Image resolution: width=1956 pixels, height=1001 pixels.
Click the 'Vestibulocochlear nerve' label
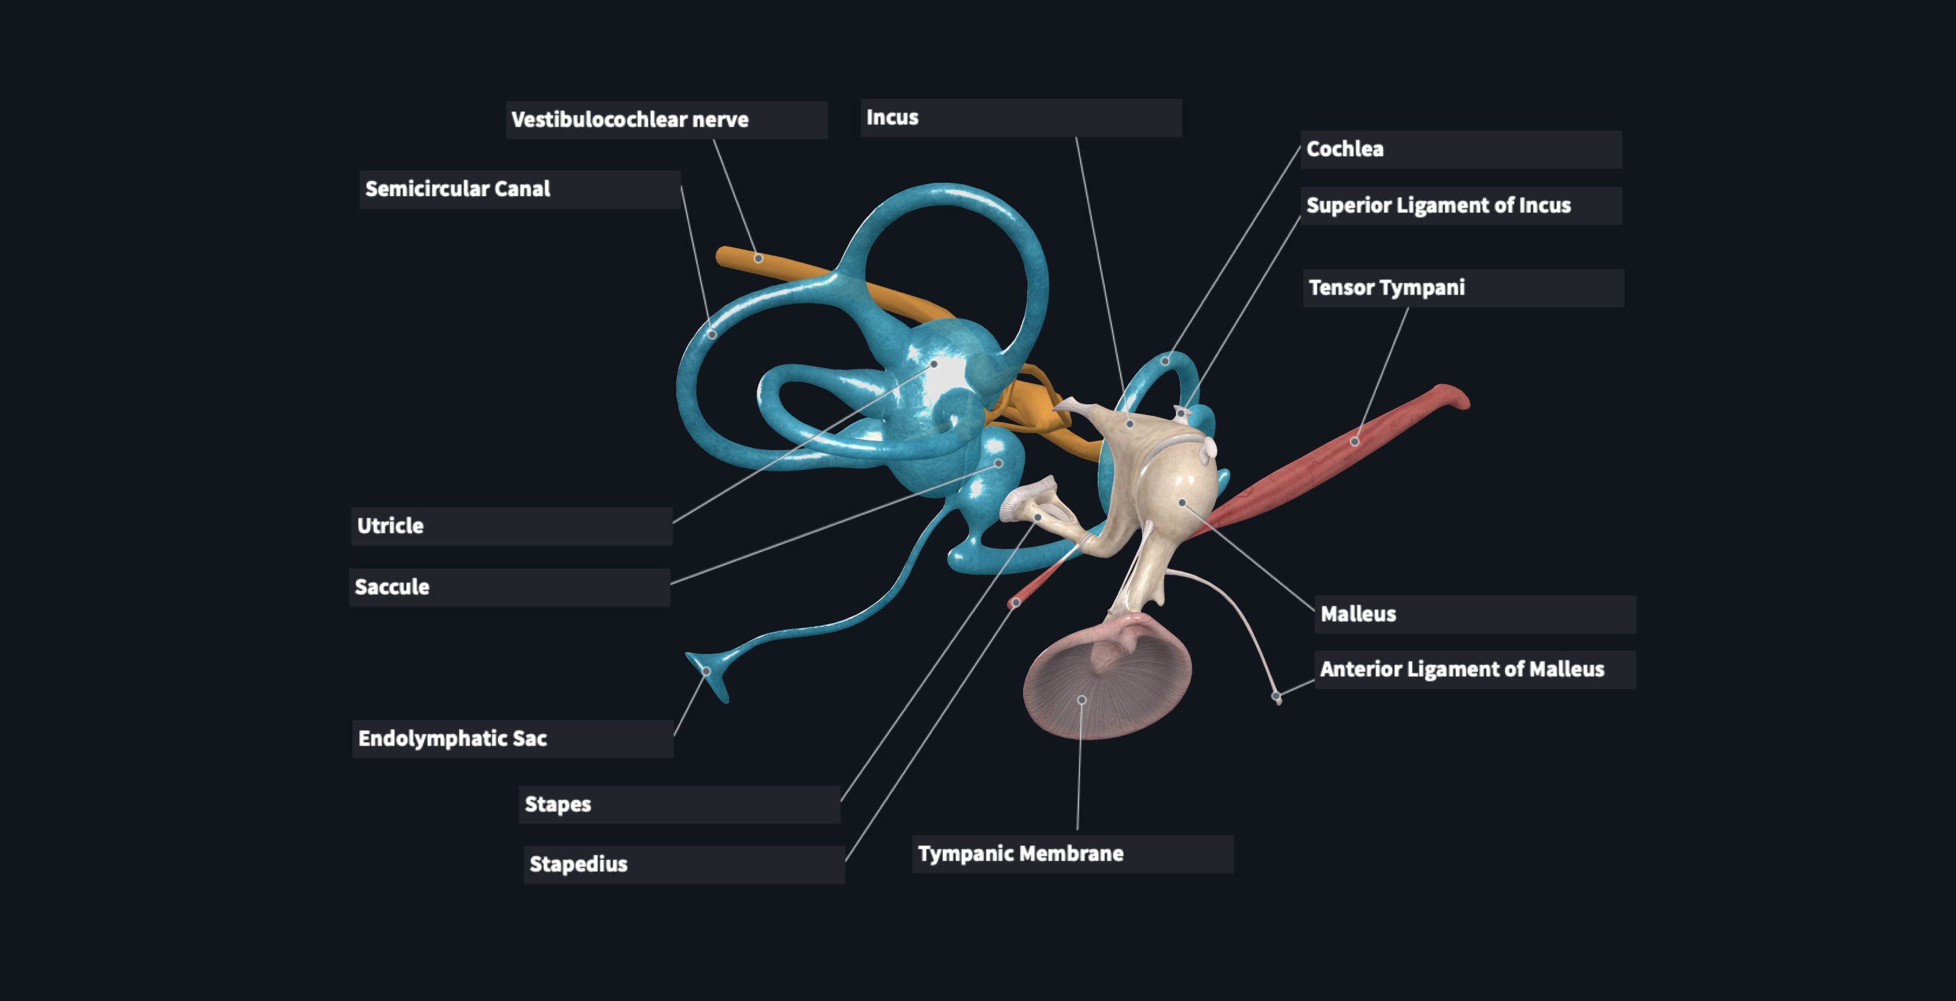[666, 120]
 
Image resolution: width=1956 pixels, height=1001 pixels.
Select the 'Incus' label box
[1020, 118]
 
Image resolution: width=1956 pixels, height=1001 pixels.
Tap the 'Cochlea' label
[1460, 149]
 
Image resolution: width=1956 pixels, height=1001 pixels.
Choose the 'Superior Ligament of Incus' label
[1460, 206]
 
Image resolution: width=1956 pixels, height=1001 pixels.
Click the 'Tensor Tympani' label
[1463, 288]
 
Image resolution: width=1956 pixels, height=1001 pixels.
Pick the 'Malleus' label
[1474, 614]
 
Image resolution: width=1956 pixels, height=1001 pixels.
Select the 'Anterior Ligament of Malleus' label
[1474, 669]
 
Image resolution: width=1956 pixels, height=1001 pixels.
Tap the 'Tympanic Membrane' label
[1072, 854]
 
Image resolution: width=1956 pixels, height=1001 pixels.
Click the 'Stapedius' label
[683, 864]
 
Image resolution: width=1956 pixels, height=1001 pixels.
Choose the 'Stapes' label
[679, 804]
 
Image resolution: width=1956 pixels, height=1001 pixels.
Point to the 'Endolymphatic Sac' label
[512, 738]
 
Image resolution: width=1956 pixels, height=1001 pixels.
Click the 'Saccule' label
[509, 587]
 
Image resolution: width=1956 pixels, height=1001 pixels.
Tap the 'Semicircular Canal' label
[519, 189]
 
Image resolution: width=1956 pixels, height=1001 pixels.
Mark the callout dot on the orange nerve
[758, 259]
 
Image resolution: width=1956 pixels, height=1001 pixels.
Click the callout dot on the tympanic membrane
[1082, 699]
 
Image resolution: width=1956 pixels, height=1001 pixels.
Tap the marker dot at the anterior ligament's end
[1277, 696]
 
